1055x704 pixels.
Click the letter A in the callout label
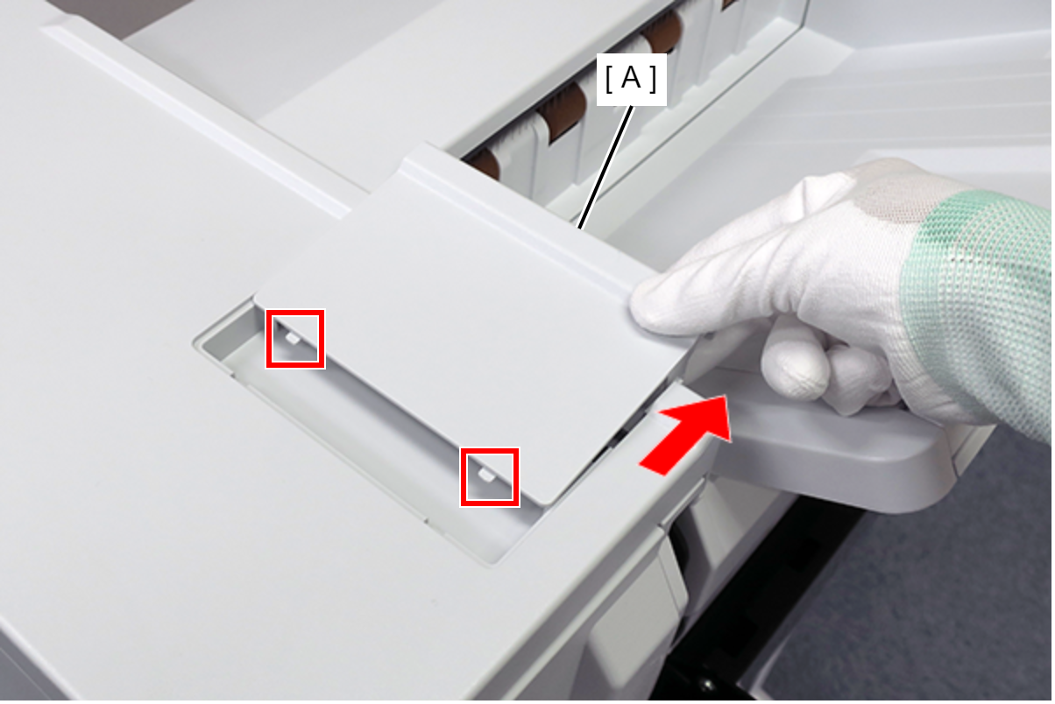coord(631,78)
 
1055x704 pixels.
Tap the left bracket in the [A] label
coord(608,79)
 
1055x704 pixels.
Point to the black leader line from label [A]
coord(605,167)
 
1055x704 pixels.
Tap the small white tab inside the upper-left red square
coord(293,338)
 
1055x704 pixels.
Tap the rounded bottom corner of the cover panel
coord(548,500)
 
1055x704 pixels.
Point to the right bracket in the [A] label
coord(653,79)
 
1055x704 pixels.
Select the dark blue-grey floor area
coord(918,588)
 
